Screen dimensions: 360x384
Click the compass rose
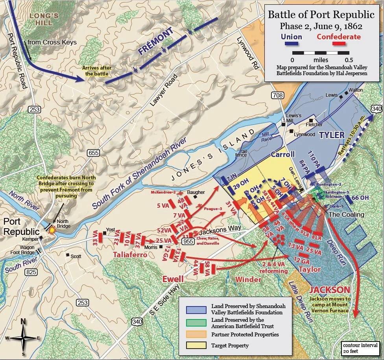point(23,338)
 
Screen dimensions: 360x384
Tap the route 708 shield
point(277,96)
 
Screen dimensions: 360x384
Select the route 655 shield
point(93,152)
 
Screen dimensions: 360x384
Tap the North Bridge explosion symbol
point(51,233)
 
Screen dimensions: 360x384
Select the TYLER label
point(332,135)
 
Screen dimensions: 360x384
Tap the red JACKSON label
point(330,290)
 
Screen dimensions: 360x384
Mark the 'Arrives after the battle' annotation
point(96,71)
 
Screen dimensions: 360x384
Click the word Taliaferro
point(130,255)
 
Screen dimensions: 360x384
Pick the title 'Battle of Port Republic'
point(321,15)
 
